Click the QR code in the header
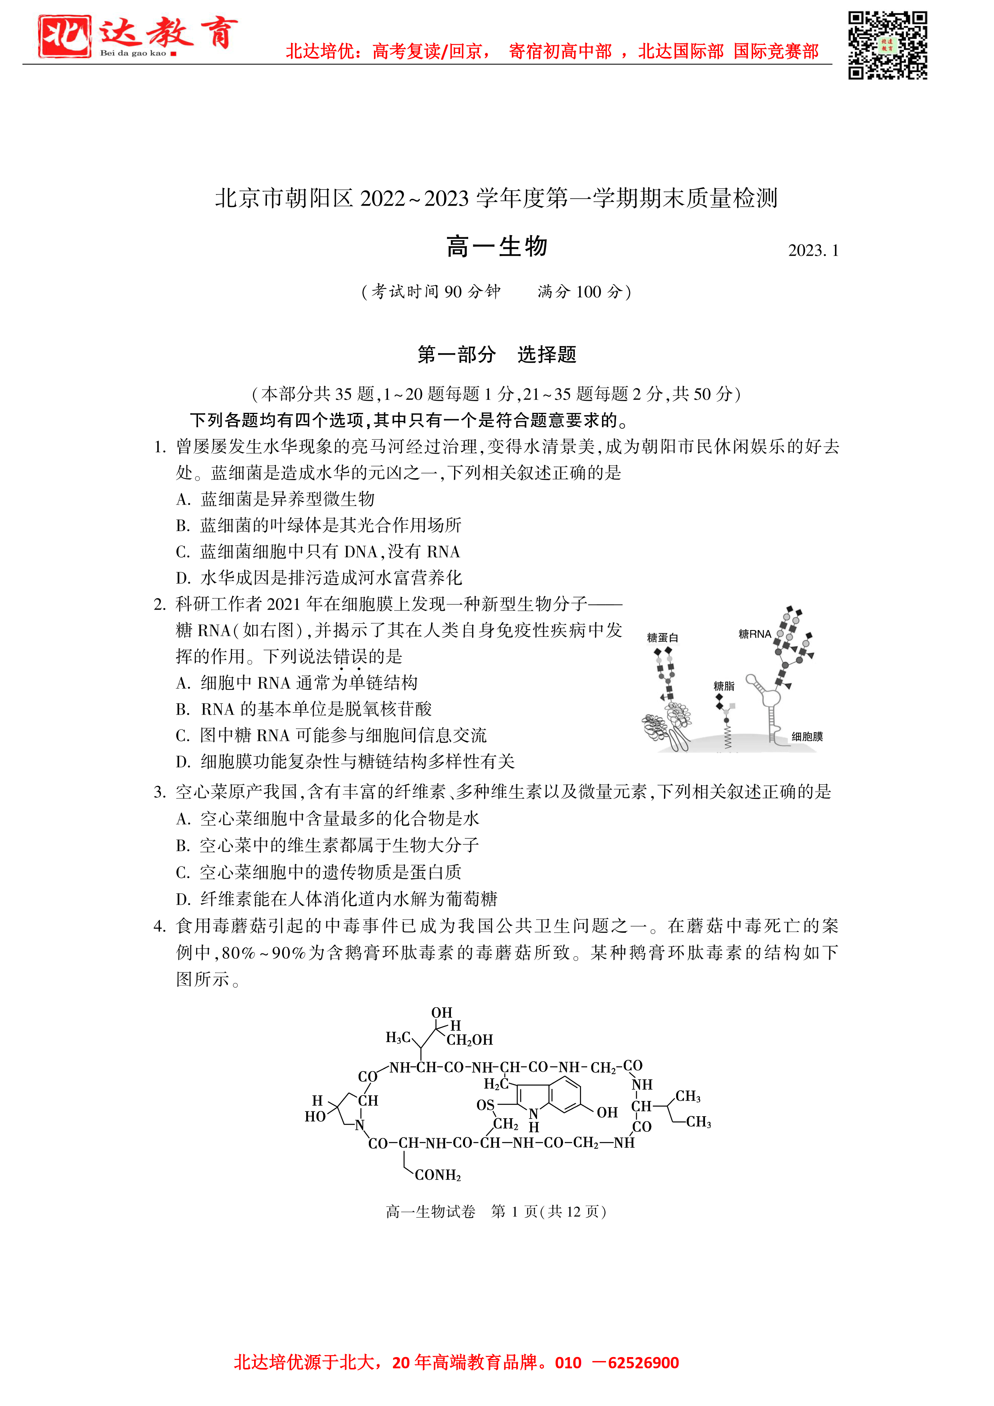[887, 45]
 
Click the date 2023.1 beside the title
[813, 250]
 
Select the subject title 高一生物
[497, 247]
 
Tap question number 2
[160, 604]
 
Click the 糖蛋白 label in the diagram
[662, 638]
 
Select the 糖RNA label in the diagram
[755, 634]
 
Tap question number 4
[160, 926]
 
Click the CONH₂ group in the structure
[437, 1175]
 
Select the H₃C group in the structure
[398, 1037]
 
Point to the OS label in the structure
[485, 1105]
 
